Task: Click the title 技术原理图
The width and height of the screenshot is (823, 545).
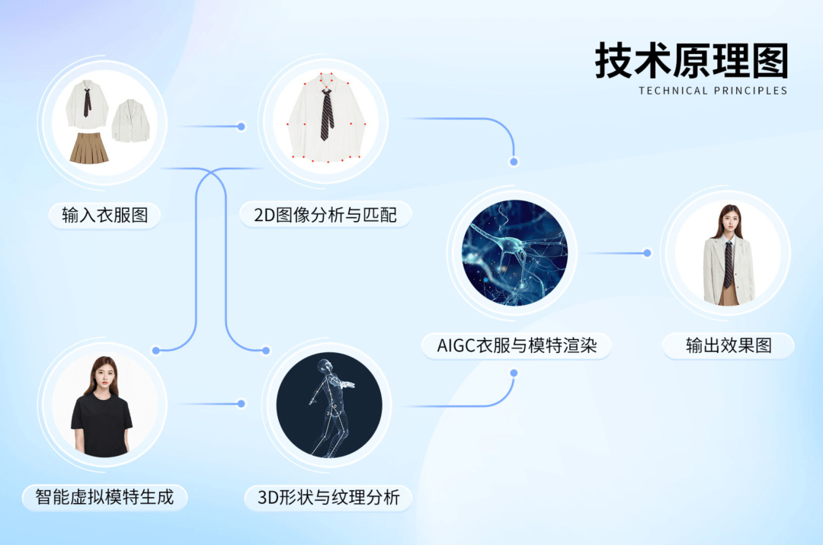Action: (691, 61)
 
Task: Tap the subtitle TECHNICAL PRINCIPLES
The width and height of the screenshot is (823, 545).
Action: (713, 91)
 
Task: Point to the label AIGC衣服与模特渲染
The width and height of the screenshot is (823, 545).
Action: (517, 346)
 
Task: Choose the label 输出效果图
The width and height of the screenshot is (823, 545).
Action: (729, 346)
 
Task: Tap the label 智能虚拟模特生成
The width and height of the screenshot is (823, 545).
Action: (104, 498)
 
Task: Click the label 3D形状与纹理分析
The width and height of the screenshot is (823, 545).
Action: (328, 499)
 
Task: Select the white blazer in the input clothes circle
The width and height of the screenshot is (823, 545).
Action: (131, 121)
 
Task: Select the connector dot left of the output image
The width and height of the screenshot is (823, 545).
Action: (647, 253)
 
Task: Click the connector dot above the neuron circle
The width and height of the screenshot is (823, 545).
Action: (514, 162)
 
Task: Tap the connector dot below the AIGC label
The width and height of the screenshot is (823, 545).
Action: (514, 373)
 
